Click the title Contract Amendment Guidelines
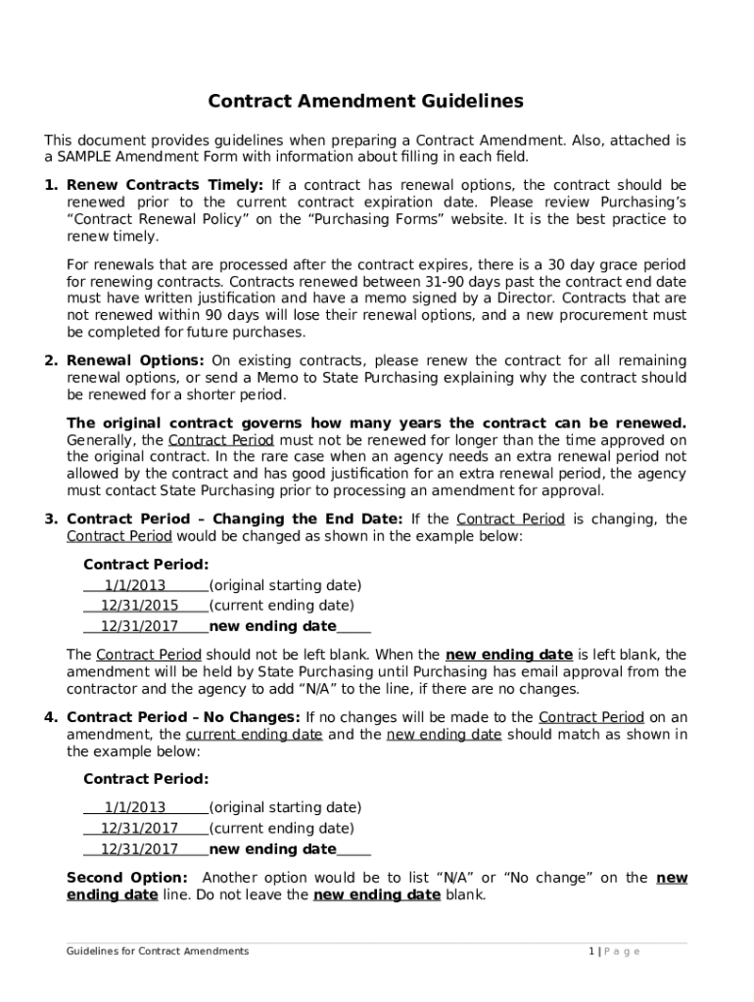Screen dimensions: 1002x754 click(x=365, y=101)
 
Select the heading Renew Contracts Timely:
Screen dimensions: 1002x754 click(x=165, y=185)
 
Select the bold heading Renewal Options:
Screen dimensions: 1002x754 click(x=135, y=360)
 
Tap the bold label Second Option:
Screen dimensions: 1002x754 click(x=126, y=878)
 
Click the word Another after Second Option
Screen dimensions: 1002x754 click(x=233, y=878)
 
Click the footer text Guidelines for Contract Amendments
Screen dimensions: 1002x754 click(x=158, y=951)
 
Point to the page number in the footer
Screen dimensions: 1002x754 click(x=591, y=951)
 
